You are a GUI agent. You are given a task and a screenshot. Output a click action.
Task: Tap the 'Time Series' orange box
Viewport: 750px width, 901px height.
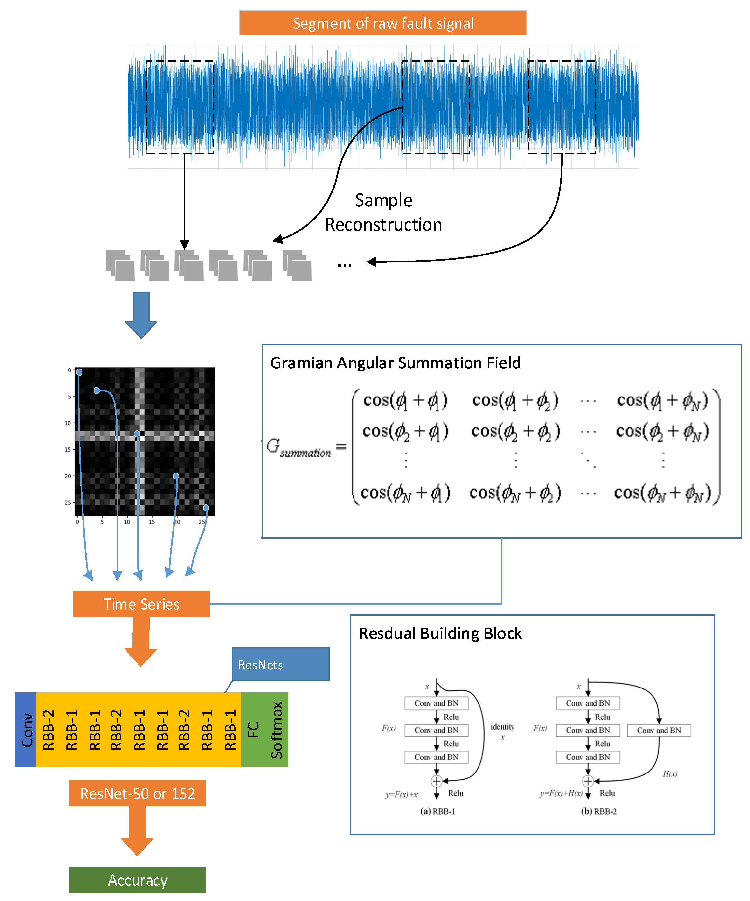tap(141, 604)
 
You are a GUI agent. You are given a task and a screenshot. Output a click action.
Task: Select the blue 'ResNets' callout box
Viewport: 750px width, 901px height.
tap(280, 665)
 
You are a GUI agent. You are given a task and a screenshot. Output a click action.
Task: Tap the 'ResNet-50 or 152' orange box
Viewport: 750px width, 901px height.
tap(137, 793)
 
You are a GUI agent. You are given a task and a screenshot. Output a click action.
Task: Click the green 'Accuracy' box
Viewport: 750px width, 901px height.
tap(137, 880)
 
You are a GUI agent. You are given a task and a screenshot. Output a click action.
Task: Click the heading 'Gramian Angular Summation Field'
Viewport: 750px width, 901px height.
tap(395, 363)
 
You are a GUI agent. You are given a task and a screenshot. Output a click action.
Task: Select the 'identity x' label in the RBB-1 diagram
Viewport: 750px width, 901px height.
tap(502, 731)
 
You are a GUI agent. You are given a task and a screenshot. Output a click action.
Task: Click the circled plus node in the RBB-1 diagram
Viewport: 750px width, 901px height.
tap(437, 781)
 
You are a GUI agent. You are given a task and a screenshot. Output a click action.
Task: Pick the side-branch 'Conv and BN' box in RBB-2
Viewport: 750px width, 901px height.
tap(659, 730)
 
